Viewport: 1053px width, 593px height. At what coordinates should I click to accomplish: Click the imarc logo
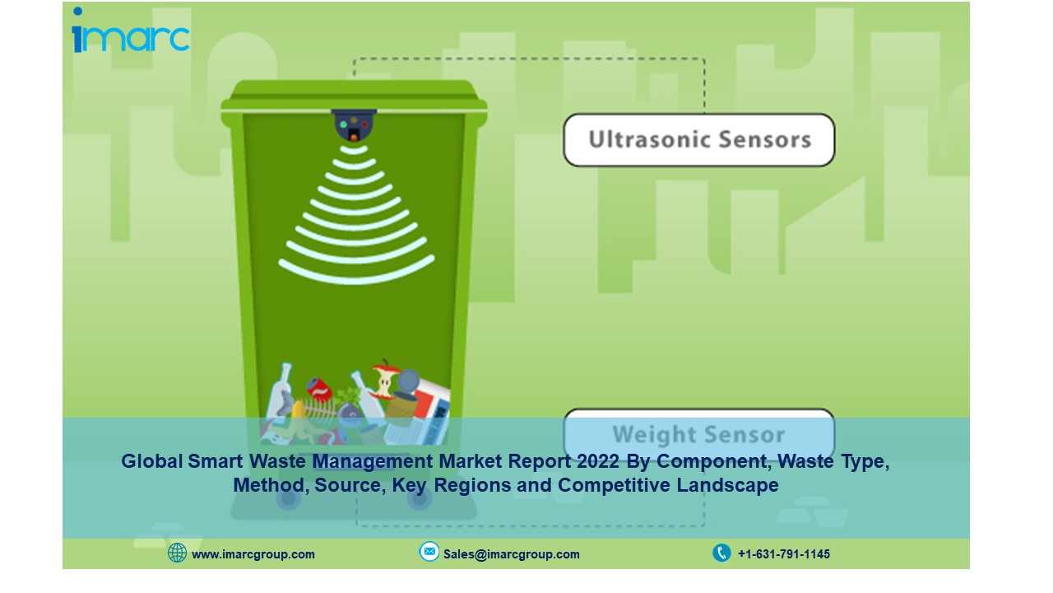coord(131,30)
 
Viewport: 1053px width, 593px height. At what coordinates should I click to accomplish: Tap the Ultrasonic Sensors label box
coord(699,140)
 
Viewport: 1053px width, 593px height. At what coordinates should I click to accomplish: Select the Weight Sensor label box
coord(699,434)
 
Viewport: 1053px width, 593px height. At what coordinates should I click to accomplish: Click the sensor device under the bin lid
coord(354,125)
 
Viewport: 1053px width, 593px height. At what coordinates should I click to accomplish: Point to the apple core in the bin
coord(384,381)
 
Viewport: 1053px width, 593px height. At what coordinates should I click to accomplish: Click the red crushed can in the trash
coord(320,390)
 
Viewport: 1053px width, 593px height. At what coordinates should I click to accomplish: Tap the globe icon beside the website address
coord(177,553)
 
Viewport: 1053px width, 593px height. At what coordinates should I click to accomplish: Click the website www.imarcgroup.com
coord(253,554)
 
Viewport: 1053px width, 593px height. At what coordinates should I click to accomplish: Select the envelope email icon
coord(429,552)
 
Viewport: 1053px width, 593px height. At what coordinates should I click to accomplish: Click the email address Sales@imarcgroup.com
coord(512,554)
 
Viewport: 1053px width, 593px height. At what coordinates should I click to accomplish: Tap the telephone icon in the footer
coord(721,553)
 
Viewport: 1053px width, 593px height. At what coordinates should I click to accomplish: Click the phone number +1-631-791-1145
coord(784,554)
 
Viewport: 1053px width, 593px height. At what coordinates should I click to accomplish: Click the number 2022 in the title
coord(598,461)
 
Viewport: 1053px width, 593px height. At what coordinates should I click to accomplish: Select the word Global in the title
coord(152,461)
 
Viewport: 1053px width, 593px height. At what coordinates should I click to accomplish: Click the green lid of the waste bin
coord(354,96)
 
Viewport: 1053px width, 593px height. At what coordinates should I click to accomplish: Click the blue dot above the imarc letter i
coord(77,11)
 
